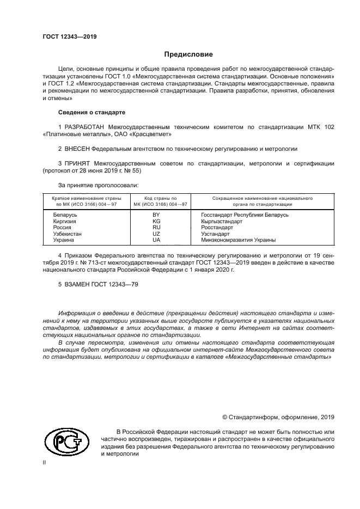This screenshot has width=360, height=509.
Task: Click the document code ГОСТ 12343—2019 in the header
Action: click(x=69, y=36)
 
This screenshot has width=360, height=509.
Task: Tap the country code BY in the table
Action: click(x=156, y=215)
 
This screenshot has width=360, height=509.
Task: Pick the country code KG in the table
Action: click(x=156, y=221)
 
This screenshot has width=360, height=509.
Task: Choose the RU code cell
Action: click(x=156, y=228)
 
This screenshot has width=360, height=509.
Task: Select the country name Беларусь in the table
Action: click(x=65, y=215)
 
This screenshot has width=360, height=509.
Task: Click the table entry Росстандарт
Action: click(x=217, y=228)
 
